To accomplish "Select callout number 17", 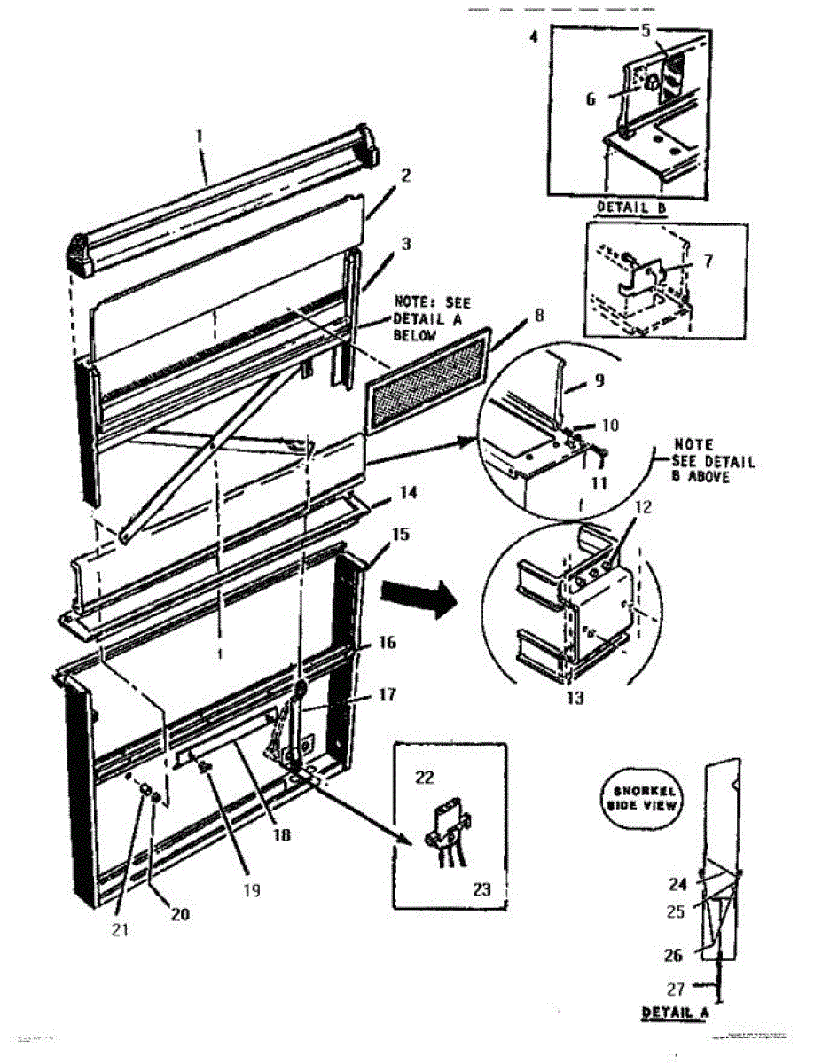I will [387, 695].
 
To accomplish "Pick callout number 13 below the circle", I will [575, 698].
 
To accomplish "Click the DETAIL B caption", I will [630, 207].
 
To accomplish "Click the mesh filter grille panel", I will [429, 378].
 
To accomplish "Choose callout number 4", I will [532, 38].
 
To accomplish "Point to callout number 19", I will [252, 888].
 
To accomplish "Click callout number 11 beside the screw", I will [600, 483].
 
